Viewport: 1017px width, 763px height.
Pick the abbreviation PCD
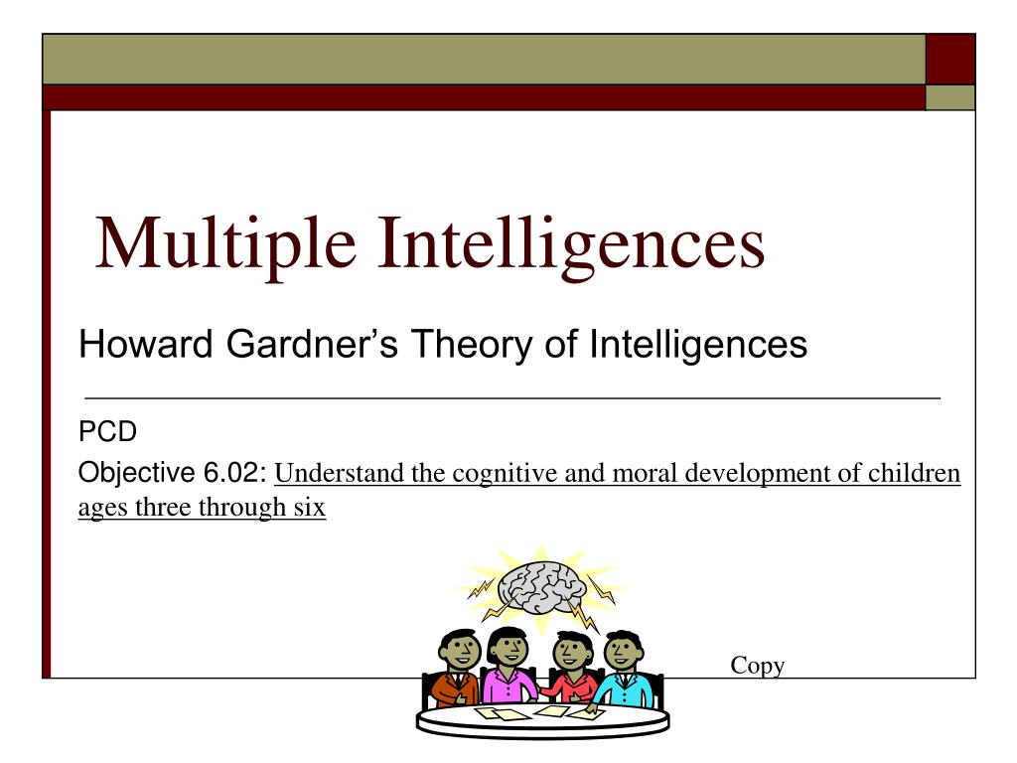tap(107, 432)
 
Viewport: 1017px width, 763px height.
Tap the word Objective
tap(135, 473)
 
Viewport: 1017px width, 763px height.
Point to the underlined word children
tap(915, 474)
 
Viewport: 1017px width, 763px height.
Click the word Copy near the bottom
tap(758, 666)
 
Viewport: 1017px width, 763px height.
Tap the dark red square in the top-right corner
tap(949, 60)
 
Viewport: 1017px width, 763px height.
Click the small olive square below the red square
tap(949, 97)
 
